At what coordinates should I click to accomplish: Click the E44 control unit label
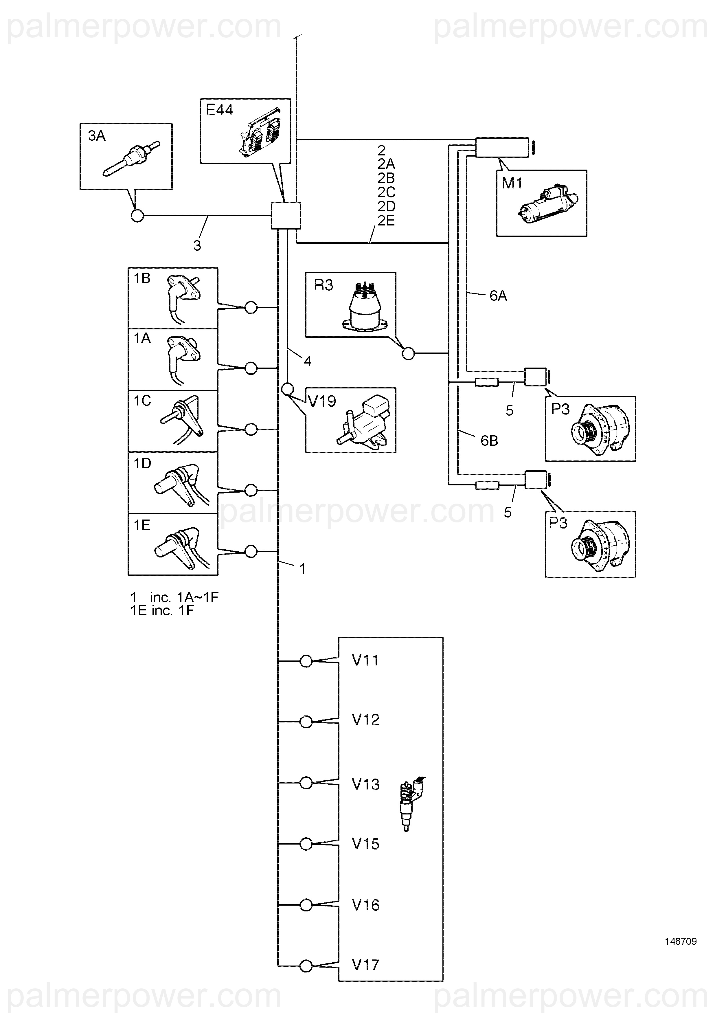point(219,110)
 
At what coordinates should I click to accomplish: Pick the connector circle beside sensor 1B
point(251,307)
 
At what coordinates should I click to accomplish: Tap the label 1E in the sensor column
point(142,525)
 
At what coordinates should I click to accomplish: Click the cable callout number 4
point(307,361)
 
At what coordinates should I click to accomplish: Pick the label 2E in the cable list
point(386,221)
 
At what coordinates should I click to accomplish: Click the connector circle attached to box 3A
point(138,216)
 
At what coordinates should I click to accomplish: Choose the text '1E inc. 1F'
point(162,611)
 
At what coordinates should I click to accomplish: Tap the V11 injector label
point(365,660)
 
